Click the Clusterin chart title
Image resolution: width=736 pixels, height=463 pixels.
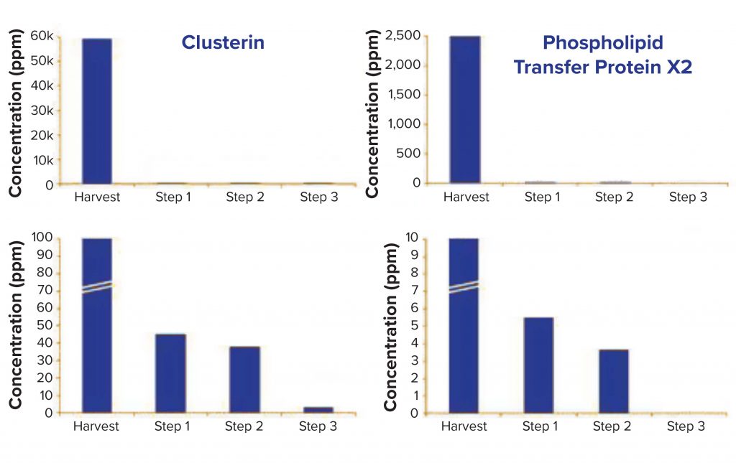coord(223,42)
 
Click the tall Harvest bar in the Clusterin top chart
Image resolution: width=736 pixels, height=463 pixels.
coord(96,111)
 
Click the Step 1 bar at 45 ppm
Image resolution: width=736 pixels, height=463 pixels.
coord(170,373)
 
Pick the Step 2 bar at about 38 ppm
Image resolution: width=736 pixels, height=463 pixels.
coord(244,380)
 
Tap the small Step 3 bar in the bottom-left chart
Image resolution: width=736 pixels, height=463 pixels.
coord(318,410)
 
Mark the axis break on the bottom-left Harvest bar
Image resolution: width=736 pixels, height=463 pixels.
coord(96,286)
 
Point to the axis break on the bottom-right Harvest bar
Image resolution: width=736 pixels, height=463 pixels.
coord(464,286)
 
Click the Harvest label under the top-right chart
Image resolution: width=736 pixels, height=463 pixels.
coord(464,197)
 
